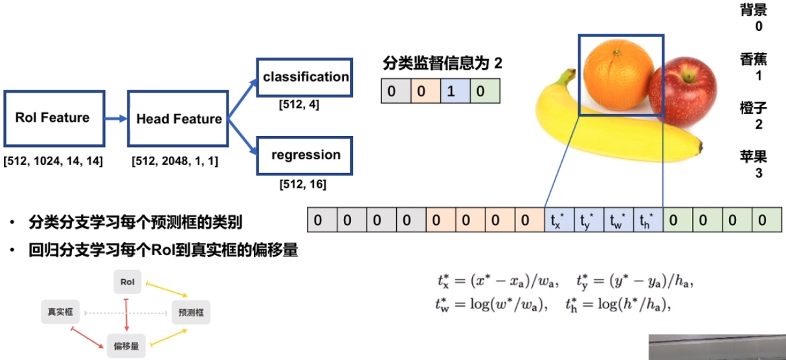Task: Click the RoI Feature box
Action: pos(53,118)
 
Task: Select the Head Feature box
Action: pos(179,118)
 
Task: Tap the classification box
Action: pos(306,78)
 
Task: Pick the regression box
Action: pos(306,155)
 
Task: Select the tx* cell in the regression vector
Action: pos(559,219)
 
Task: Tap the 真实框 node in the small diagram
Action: pos(60,312)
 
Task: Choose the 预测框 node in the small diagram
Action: pos(191,312)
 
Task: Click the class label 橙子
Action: pos(752,107)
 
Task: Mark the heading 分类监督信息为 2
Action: pos(442,63)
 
